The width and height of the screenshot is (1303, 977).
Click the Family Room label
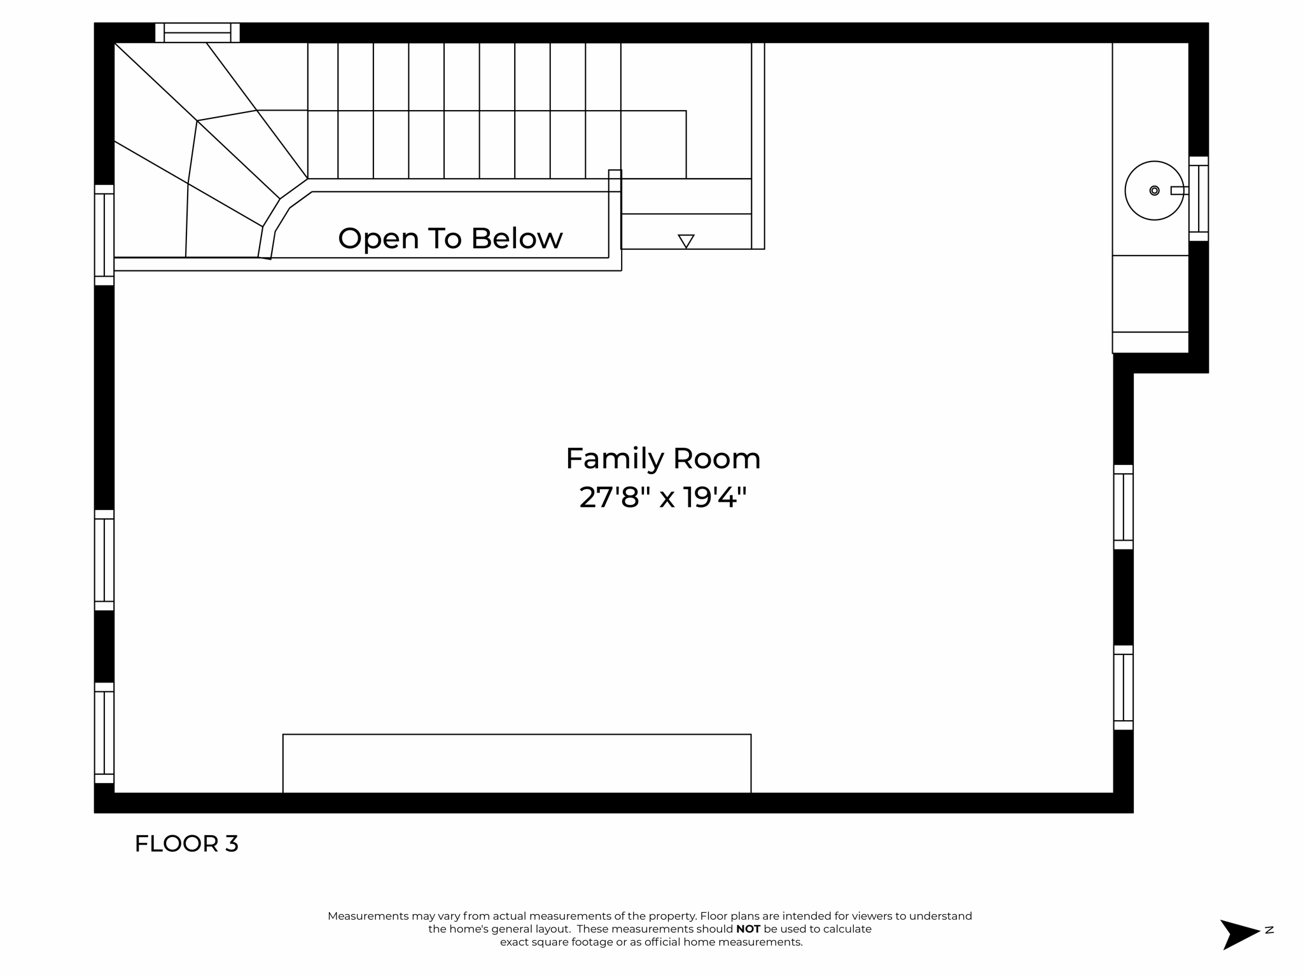[x=662, y=459]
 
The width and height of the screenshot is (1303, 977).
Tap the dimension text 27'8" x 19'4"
[x=662, y=497]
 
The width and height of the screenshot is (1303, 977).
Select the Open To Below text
[x=450, y=239]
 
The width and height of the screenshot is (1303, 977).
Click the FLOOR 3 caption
[x=186, y=844]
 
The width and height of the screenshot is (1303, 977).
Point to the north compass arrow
[x=1237, y=934]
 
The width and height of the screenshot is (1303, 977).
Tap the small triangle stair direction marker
[x=686, y=241]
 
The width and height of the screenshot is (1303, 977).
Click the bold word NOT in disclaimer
[x=748, y=929]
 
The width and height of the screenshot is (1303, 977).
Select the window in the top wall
[x=197, y=32]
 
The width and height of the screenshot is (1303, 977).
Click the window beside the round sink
[x=1198, y=198]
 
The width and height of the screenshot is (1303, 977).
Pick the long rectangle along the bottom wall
[x=517, y=763]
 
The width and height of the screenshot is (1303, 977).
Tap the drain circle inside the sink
[x=1154, y=190]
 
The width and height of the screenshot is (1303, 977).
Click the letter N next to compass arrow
[x=1269, y=930]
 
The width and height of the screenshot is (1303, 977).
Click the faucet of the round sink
[x=1178, y=190]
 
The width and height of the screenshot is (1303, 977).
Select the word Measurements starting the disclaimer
[x=368, y=916]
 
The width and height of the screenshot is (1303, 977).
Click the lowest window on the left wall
[x=104, y=733]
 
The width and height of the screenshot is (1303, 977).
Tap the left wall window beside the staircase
[x=104, y=235]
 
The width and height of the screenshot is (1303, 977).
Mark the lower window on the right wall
[x=1123, y=688]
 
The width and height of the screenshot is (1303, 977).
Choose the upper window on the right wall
[x=1123, y=507]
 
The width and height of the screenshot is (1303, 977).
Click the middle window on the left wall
[x=104, y=560]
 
